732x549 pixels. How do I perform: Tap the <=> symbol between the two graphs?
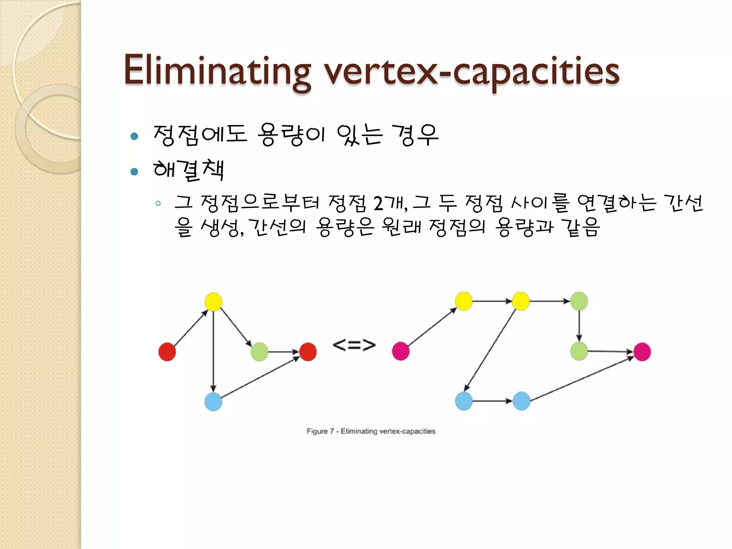pyautogui.click(x=354, y=345)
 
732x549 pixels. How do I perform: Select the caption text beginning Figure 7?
pyautogui.click(x=371, y=431)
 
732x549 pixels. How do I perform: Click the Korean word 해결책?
pyautogui.click(x=188, y=170)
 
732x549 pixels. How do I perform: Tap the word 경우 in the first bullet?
pyautogui.click(x=415, y=135)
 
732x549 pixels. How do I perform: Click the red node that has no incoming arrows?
pyautogui.click(x=167, y=352)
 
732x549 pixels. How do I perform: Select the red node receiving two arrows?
pyautogui.click(x=308, y=352)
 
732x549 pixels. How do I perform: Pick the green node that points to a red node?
pyautogui.click(x=259, y=352)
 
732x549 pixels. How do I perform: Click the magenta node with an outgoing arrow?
pyautogui.click(x=400, y=351)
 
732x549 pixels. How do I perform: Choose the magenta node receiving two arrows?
pyautogui.click(x=642, y=352)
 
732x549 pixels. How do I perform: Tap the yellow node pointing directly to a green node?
pyautogui.click(x=521, y=301)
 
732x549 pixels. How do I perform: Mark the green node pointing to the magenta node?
pyautogui.click(x=579, y=351)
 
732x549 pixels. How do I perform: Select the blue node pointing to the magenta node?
pyautogui.click(x=521, y=401)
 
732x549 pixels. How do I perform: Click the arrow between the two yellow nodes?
pyautogui.click(x=492, y=301)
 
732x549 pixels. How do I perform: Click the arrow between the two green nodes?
pyautogui.click(x=579, y=326)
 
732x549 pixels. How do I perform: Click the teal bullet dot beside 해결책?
pyautogui.click(x=134, y=172)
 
